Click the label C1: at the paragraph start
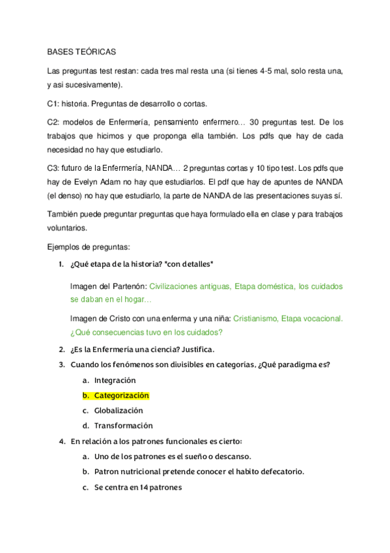coord(54,104)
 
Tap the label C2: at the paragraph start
coord(54,122)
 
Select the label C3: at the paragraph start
coord(54,168)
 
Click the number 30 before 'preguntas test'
coord(255,122)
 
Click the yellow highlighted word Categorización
coord(121,396)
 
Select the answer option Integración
coord(115,380)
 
